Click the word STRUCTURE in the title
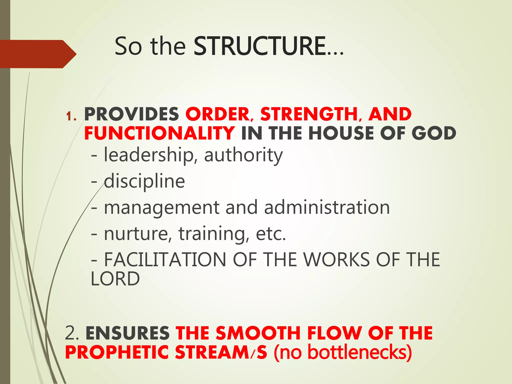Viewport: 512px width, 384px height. pos(260,46)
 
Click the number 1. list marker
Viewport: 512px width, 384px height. pos(71,116)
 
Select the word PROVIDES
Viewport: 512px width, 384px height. pos(131,114)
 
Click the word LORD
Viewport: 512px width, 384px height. pos(115,279)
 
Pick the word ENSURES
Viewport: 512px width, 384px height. pos(128,333)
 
